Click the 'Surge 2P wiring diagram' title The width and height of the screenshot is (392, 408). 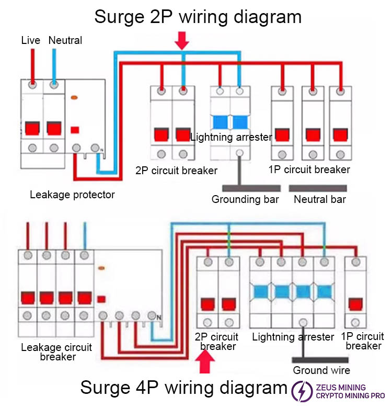coord(198,17)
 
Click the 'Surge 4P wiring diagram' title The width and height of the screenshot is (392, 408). coord(183,388)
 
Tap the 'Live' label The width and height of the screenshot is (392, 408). coord(30,40)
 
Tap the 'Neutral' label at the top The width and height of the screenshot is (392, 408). coord(65,40)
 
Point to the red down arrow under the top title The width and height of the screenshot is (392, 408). coord(181,40)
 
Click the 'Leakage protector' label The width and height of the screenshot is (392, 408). coord(72,195)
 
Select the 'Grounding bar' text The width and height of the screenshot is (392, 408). coord(246,199)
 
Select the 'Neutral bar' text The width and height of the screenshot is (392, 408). coord(320,199)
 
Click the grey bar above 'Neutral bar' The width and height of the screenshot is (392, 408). coord(318,188)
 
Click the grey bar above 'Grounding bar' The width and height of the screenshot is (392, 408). coord(251,188)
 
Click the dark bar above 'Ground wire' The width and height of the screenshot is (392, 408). coord(320,359)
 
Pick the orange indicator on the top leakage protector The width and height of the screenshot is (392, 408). coord(75,97)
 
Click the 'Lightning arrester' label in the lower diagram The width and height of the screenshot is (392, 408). coord(293,337)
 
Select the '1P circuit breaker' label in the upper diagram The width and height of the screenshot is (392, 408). coord(309,169)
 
